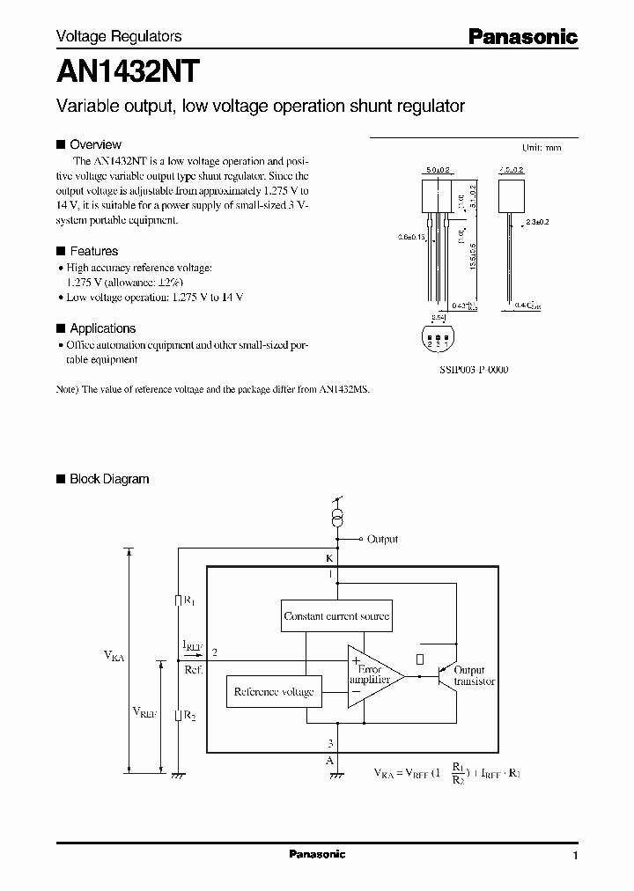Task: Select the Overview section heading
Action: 95,144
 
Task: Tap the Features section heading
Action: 93,251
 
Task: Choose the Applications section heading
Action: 102,328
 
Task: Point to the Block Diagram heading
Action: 109,479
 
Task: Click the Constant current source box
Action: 336,616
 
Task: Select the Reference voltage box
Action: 274,692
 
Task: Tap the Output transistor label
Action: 475,675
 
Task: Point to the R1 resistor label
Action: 189,600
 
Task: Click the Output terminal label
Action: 382,539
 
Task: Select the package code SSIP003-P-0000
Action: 473,370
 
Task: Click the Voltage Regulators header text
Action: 119,36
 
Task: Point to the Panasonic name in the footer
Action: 317,854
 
